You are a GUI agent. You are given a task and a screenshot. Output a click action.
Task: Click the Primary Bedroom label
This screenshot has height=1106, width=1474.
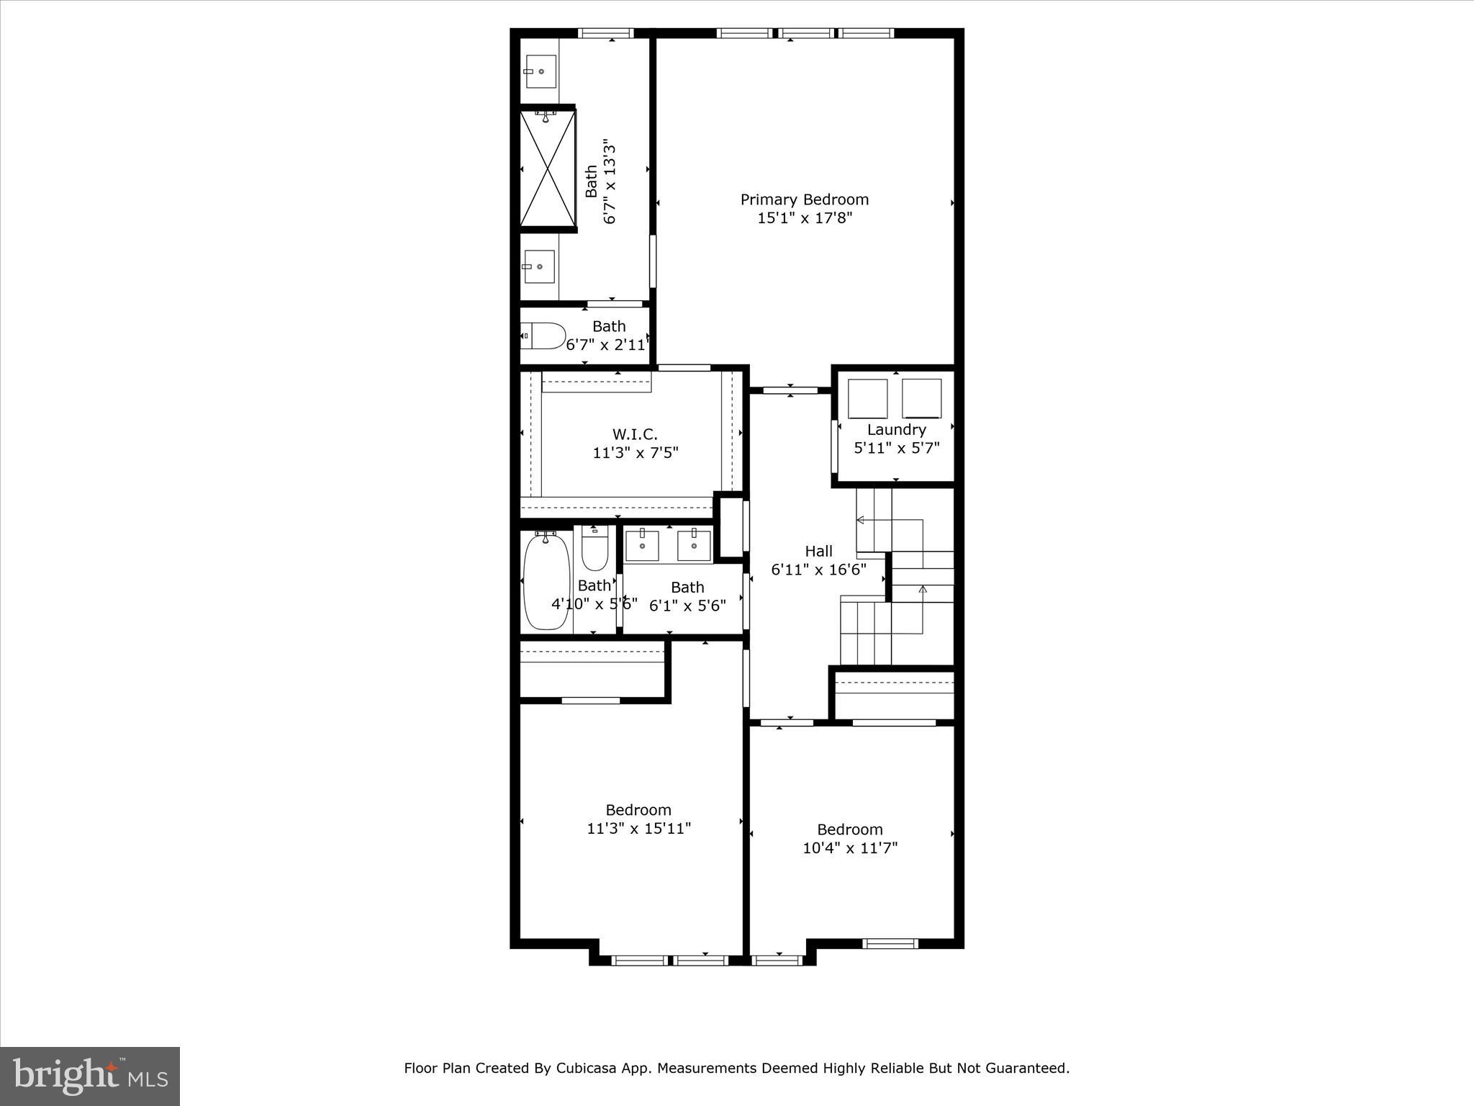click(804, 199)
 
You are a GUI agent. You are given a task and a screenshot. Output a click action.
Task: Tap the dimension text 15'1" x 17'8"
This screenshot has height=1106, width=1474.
click(804, 218)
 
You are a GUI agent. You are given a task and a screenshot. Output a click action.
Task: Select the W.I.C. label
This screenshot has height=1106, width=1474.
click(635, 434)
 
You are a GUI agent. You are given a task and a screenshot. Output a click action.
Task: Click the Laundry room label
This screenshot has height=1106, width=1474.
click(896, 430)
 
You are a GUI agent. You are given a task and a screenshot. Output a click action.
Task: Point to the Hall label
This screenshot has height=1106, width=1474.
click(818, 552)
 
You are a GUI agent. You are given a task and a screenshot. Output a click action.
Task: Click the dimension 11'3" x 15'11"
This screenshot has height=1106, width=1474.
click(638, 829)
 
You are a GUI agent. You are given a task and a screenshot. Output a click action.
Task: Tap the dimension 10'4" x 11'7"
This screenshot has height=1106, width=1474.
click(850, 848)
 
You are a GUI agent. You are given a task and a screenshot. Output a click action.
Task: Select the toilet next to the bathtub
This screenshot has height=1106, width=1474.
click(595, 549)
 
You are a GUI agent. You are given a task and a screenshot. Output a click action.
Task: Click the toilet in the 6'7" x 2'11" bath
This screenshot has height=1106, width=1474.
click(544, 336)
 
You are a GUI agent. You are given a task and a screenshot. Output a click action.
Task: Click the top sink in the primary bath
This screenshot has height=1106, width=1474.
click(540, 71)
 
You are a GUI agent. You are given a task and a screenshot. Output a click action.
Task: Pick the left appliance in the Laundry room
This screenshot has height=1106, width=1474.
click(867, 398)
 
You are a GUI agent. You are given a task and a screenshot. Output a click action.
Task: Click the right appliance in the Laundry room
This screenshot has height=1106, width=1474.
click(921, 398)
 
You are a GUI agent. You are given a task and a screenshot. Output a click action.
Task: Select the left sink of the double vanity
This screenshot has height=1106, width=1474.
click(642, 545)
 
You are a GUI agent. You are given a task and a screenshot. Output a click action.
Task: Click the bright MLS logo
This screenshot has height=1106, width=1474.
click(90, 1076)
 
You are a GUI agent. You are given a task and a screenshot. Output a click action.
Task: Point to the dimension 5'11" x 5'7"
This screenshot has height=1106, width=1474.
click(896, 448)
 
